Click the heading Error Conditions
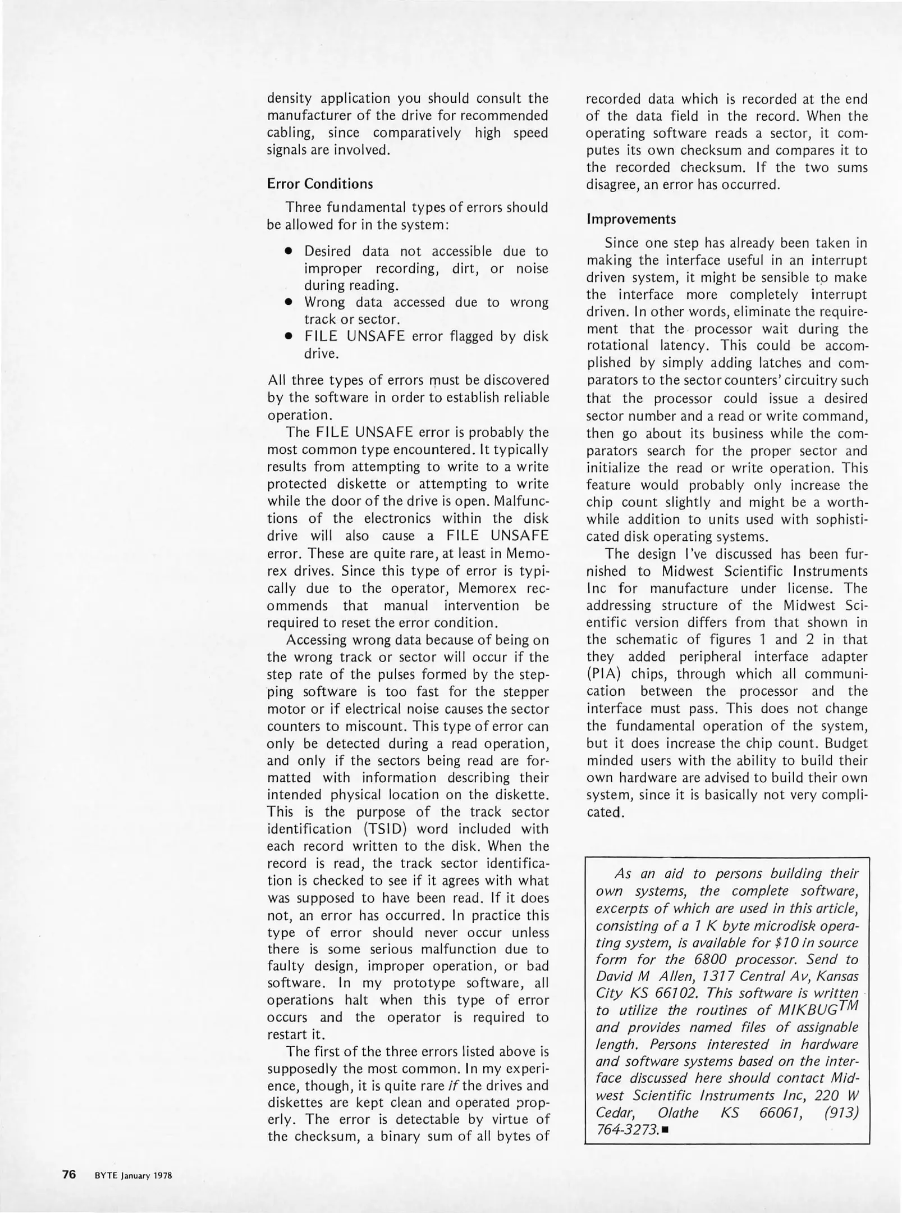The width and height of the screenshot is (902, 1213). pyautogui.click(x=319, y=184)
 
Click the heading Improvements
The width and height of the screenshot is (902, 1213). pyautogui.click(x=631, y=218)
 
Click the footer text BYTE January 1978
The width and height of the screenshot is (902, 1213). pyautogui.click(x=132, y=1175)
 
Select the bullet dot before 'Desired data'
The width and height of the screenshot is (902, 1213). pyautogui.click(x=289, y=251)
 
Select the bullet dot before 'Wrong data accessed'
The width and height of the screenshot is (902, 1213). pyautogui.click(x=289, y=302)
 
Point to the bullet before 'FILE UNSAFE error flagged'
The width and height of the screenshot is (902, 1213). pyautogui.click(x=289, y=336)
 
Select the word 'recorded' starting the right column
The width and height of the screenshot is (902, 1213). pyautogui.click(x=612, y=99)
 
